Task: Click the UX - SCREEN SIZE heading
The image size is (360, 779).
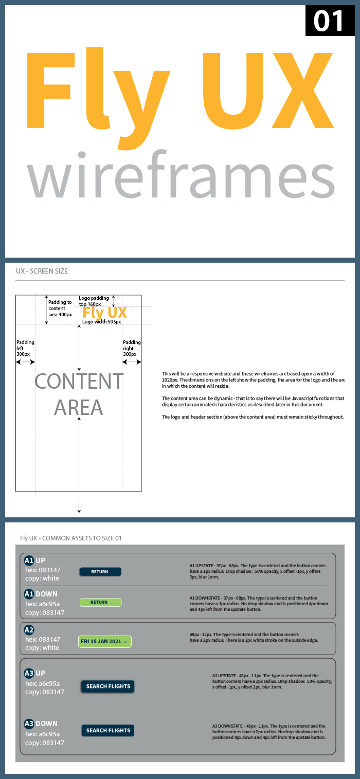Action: click(x=42, y=271)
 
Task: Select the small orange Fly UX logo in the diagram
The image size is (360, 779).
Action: click(x=105, y=313)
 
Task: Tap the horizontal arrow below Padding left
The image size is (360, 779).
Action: click(x=25, y=362)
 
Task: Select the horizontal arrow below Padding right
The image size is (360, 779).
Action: click(x=132, y=362)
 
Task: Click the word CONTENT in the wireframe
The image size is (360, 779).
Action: click(x=79, y=382)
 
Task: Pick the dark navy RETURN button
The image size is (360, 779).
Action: click(x=100, y=571)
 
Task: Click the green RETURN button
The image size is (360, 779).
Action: click(x=100, y=602)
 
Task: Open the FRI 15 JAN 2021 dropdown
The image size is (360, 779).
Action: click(x=105, y=641)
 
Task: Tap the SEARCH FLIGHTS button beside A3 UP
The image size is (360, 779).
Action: click(x=108, y=686)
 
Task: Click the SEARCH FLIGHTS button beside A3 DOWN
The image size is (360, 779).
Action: click(x=108, y=730)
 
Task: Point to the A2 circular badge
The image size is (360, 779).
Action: click(x=29, y=630)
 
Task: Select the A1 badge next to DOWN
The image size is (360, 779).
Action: click(x=29, y=594)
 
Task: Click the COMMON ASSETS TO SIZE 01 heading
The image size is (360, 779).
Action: click(x=71, y=538)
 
